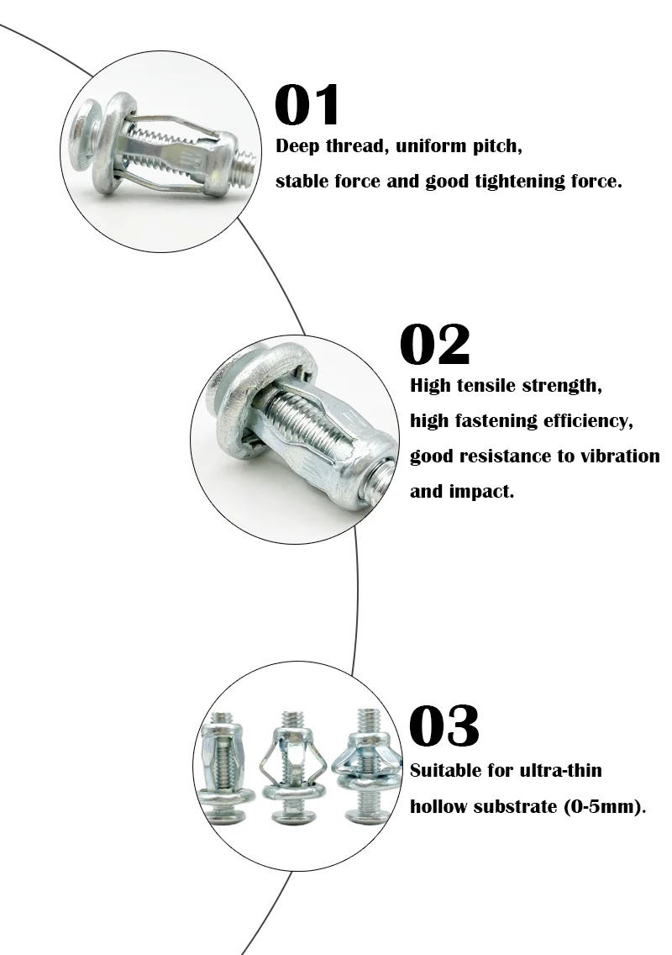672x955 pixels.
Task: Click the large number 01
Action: pyautogui.click(x=307, y=107)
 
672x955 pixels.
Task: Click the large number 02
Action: pyautogui.click(x=434, y=346)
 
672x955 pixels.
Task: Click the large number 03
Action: pyautogui.click(x=444, y=726)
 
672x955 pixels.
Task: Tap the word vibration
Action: pyautogui.click(x=617, y=456)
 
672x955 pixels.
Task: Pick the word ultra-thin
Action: pyautogui.click(x=559, y=771)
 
